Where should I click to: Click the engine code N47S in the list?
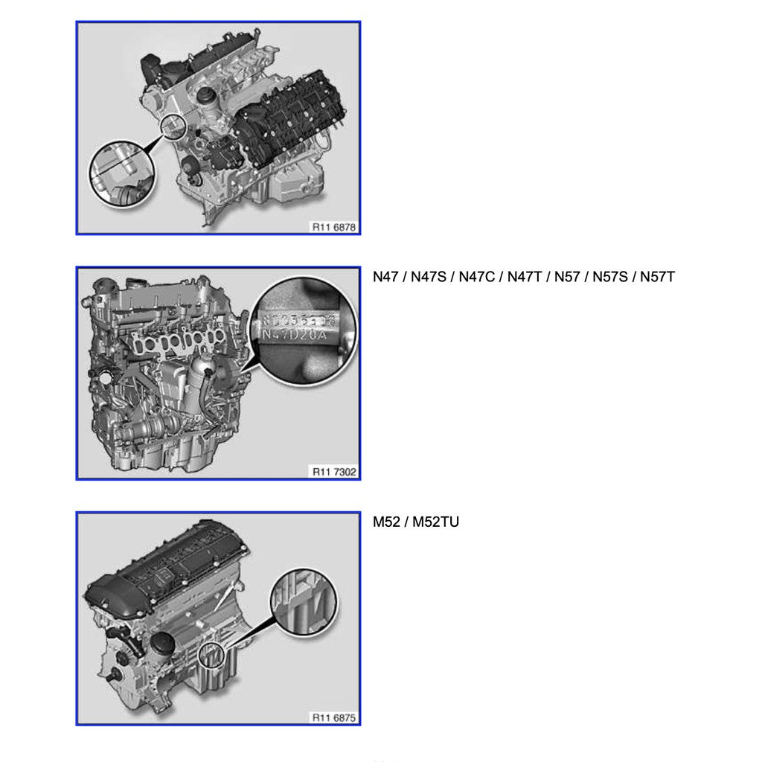click(430, 278)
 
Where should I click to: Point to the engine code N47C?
click(478, 278)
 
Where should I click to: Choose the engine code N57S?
click(609, 278)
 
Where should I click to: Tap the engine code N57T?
click(657, 278)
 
